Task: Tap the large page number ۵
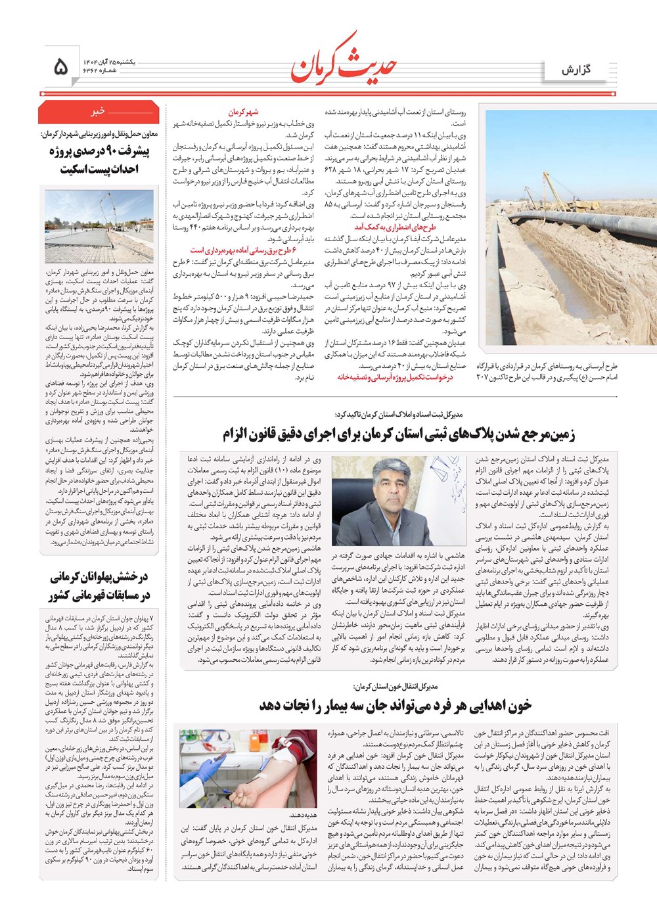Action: (x=60, y=66)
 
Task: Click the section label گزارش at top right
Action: (x=576, y=70)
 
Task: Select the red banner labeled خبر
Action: (x=99, y=112)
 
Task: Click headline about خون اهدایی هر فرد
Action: (x=395, y=706)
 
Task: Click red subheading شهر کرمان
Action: (x=243, y=112)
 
